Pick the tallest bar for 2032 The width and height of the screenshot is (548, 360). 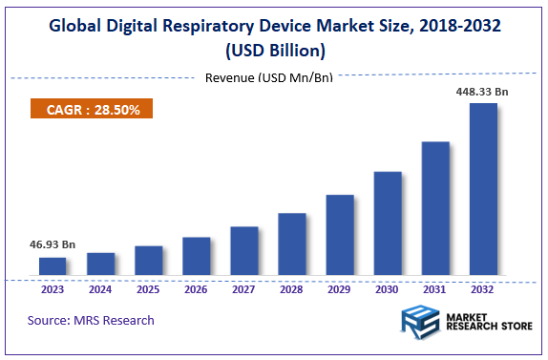coord(483,190)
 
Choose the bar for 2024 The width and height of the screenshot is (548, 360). coord(100,265)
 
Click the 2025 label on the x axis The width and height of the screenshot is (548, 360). coord(148,288)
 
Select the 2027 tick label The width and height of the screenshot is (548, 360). coord(243,288)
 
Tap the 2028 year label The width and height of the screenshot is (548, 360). coord(291,288)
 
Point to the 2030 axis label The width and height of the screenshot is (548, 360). coord(388,288)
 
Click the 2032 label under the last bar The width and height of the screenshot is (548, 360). coord(483,288)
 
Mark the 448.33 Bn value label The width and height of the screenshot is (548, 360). coord(482,92)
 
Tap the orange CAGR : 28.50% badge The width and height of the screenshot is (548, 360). coord(92,110)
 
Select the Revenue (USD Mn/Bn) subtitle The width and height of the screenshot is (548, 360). coord(268,77)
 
